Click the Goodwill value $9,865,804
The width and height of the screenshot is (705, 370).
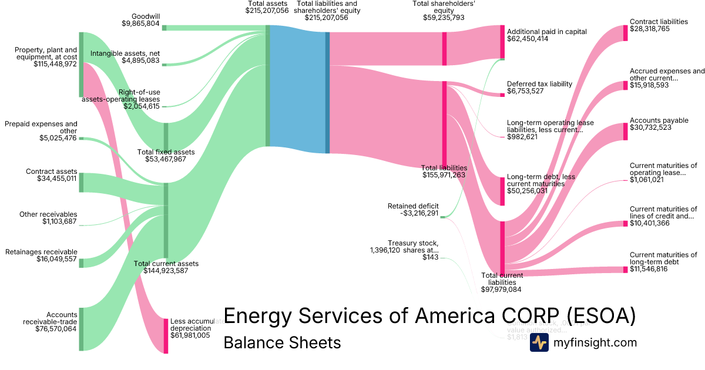pyautogui.click(x=140, y=23)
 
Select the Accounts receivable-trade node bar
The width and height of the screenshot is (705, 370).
pyautogui.click(x=82, y=329)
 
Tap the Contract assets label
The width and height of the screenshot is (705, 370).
pyautogui.click(x=51, y=171)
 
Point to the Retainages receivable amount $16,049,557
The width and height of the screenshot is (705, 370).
pyautogui.click(x=41, y=259)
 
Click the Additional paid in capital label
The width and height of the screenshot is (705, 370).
pyautogui.click(x=546, y=32)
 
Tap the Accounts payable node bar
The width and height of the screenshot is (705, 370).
pyautogui.click(x=626, y=132)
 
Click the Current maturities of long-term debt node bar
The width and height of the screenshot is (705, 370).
pyautogui.click(x=626, y=270)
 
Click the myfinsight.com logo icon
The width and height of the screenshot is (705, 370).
pyautogui.click(x=539, y=342)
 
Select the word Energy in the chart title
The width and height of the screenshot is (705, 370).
pyautogui.click(x=258, y=316)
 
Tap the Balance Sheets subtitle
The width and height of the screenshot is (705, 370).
pyautogui.click(x=282, y=342)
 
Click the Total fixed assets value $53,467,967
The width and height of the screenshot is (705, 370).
pyautogui.click(x=161, y=159)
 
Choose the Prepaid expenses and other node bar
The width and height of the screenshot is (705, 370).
pyautogui.click(x=82, y=139)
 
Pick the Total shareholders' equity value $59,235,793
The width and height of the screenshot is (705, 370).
pyautogui.click(x=444, y=18)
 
